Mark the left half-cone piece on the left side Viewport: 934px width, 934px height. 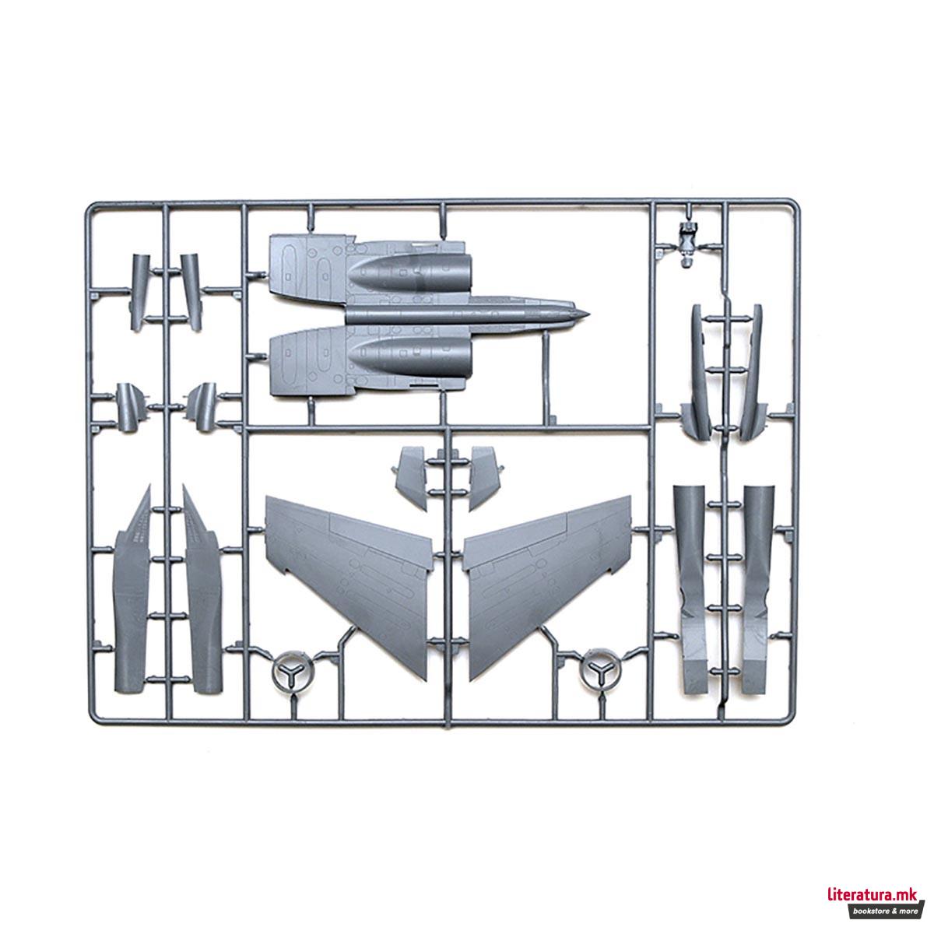pos(129,405)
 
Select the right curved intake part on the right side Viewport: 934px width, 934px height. pos(752,374)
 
